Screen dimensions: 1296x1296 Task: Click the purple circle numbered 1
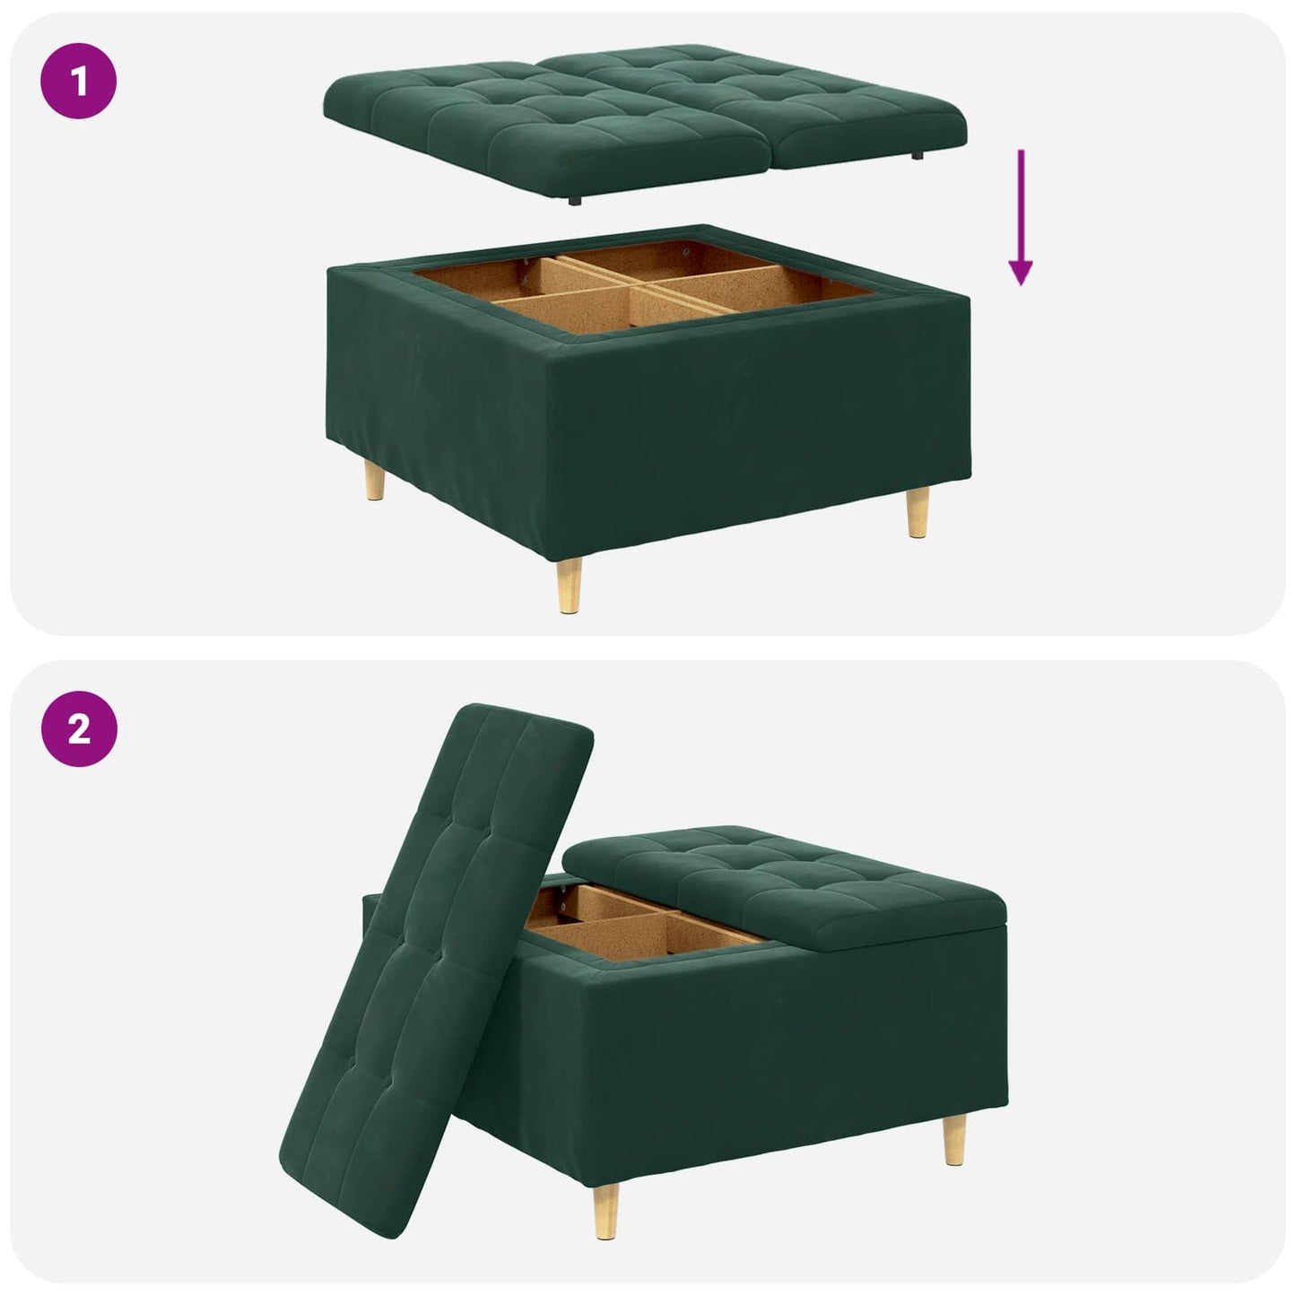(79, 83)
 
